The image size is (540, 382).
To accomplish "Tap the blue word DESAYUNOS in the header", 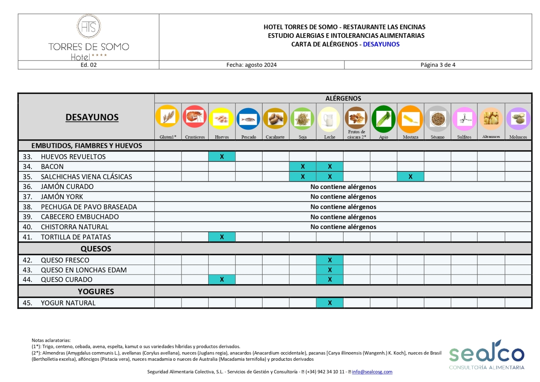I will (381, 44).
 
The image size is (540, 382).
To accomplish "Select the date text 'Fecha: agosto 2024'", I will (251, 65).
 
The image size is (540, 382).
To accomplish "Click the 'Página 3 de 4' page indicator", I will (438, 65).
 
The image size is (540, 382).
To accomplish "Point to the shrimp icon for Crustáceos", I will (195, 117).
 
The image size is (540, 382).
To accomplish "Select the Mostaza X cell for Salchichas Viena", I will (410, 176).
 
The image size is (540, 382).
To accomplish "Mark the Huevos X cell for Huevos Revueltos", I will (222, 157).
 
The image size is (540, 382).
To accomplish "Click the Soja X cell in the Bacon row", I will (303, 166).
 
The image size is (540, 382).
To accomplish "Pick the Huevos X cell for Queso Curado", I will (222, 279).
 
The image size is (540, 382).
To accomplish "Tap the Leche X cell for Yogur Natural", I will (330, 303).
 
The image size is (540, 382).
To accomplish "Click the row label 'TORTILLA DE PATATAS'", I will (76, 237).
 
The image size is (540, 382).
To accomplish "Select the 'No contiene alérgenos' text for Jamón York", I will (343, 197).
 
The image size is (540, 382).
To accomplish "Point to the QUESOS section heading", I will (96, 249).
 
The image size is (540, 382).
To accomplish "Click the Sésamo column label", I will (437, 137).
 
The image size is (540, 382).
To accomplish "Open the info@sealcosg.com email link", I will (372, 372).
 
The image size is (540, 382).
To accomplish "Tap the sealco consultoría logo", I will (486, 355).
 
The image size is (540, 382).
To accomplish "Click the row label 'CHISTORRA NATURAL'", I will (75, 227).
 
